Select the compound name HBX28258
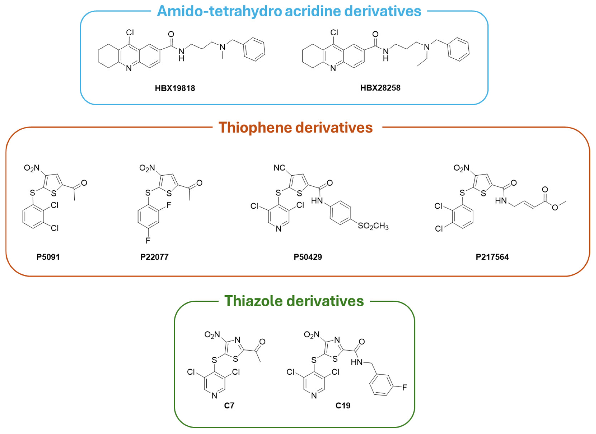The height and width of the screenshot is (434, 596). (x=380, y=88)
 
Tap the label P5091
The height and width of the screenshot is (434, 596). (x=48, y=257)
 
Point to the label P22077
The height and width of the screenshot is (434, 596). (x=154, y=257)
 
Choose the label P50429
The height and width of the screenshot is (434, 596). (x=308, y=257)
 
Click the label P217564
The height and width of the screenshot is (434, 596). (x=492, y=257)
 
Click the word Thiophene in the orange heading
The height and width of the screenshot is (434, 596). (x=255, y=128)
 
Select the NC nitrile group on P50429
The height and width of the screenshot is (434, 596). (x=279, y=168)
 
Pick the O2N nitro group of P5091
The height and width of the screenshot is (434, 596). (x=32, y=168)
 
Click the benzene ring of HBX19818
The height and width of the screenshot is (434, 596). (x=254, y=49)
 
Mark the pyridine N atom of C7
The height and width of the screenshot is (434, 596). (x=214, y=395)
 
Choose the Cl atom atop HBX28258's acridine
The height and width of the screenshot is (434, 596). (x=334, y=33)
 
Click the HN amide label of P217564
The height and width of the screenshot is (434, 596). (x=501, y=201)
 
